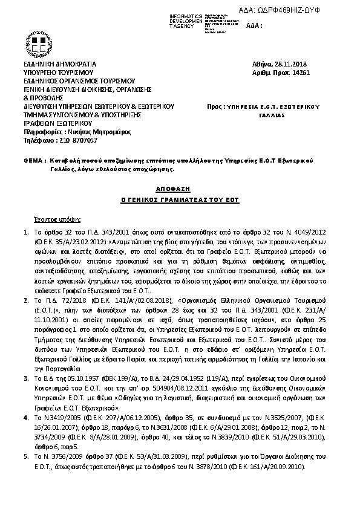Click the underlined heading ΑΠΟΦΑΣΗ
pos(179,188)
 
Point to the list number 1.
pos(25,232)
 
